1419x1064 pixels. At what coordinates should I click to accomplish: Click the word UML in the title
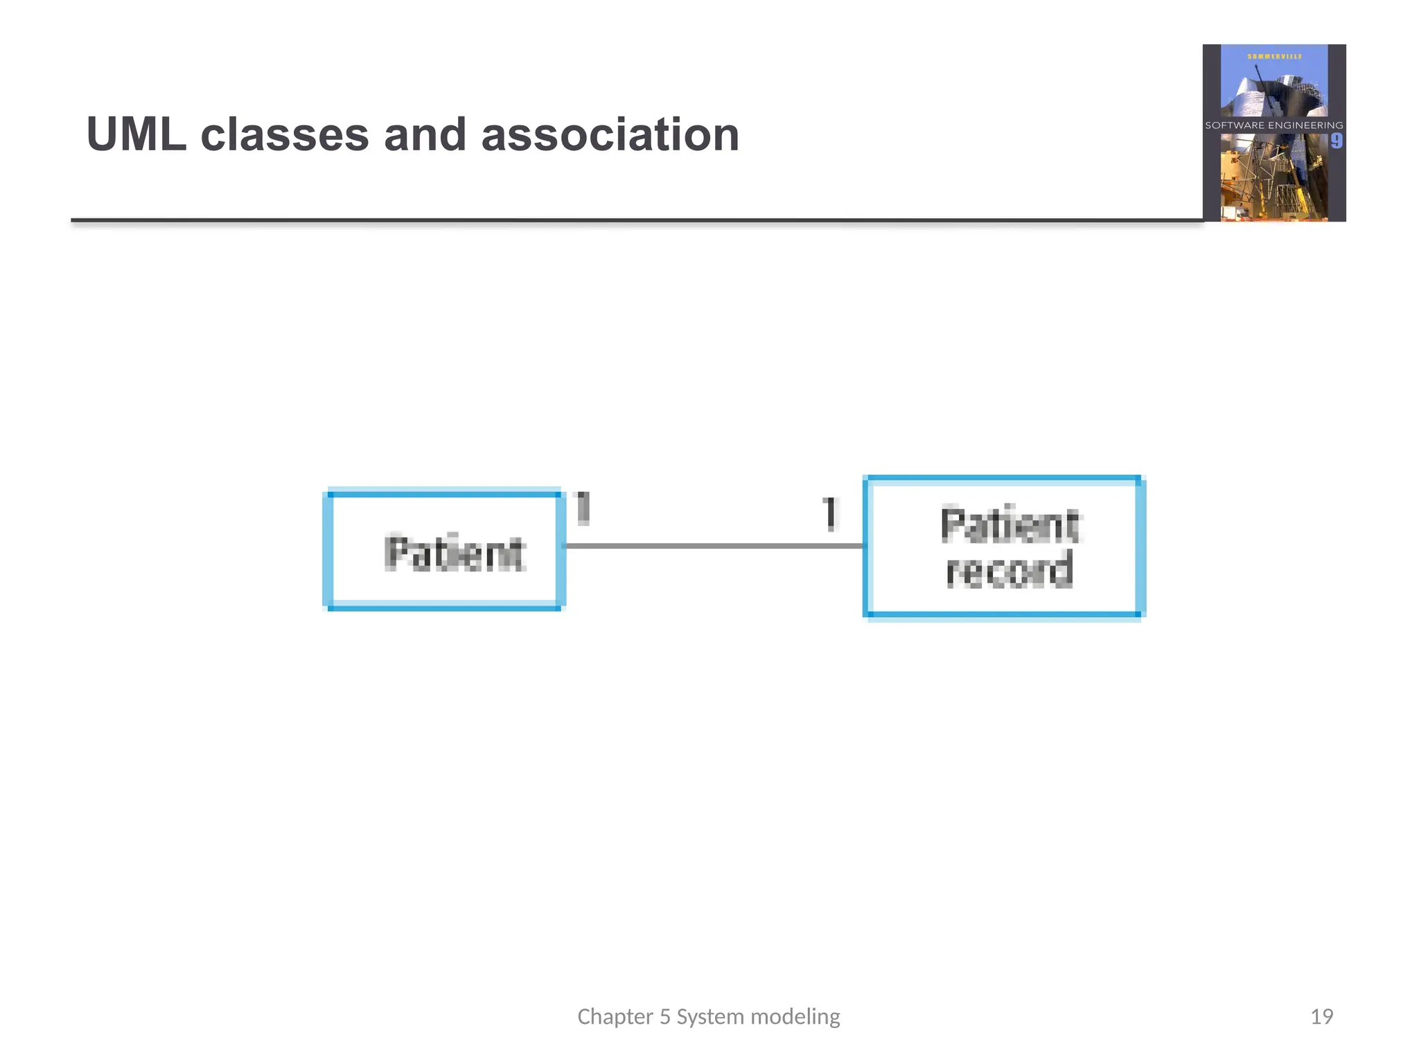point(136,134)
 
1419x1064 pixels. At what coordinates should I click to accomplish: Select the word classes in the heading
point(284,134)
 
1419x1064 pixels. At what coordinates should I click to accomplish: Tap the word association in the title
point(610,134)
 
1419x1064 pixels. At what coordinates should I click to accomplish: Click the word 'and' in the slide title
point(425,134)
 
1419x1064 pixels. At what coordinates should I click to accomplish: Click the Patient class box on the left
point(444,551)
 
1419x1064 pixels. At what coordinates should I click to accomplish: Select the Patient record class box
point(1003,547)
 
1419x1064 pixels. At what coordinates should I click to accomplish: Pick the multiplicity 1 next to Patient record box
point(829,514)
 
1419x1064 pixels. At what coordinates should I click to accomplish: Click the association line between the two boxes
point(714,546)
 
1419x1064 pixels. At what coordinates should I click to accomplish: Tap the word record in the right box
point(1010,570)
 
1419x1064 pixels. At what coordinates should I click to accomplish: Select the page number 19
point(1321,1016)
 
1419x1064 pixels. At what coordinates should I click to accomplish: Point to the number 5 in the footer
point(664,1016)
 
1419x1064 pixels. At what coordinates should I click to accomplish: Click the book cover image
point(1273,133)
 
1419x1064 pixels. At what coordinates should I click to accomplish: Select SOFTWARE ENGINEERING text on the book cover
point(1273,125)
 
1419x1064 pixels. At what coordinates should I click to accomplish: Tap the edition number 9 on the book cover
point(1336,141)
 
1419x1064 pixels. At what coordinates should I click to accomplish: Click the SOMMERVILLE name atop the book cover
point(1274,56)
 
